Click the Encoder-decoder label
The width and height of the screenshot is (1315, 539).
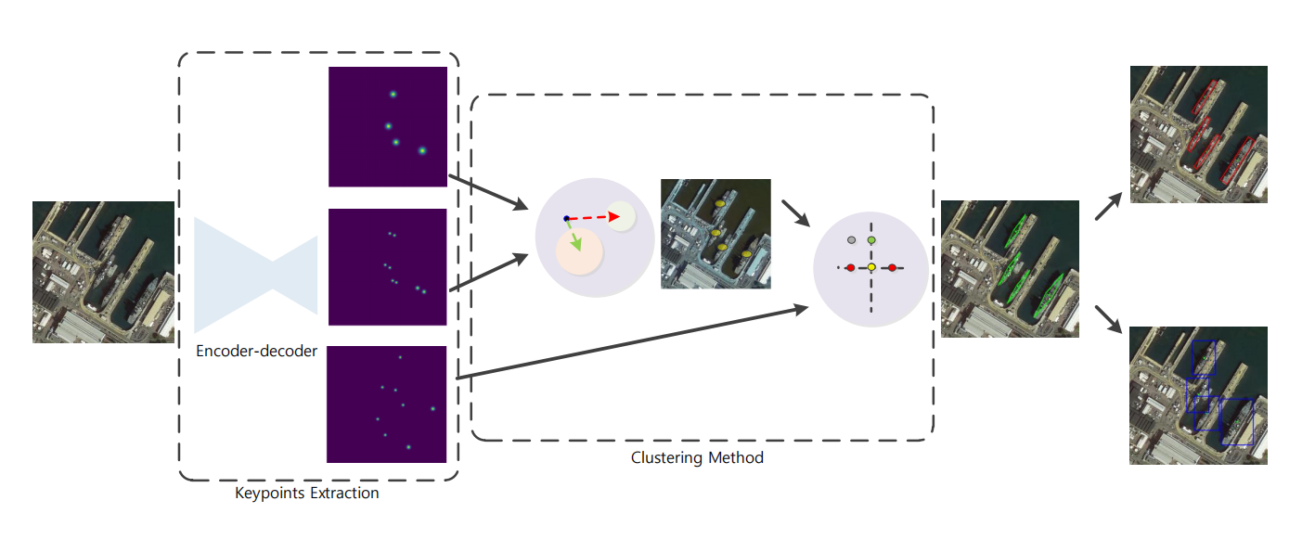tap(256, 351)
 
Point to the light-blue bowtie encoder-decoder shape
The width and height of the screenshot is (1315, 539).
tap(256, 276)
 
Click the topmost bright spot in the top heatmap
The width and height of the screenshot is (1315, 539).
tap(393, 94)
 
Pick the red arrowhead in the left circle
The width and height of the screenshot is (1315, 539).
tap(614, 217)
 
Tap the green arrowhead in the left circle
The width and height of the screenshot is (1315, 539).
tap(577, 244)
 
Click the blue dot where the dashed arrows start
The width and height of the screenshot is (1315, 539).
tap(566, 219)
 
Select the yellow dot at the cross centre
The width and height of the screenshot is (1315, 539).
tap(871, 268)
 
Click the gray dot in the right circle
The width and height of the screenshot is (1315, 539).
tap(852, 240)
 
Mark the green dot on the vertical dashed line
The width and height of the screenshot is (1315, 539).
tap(871, 240)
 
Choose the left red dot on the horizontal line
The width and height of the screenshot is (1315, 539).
tap(851, 268)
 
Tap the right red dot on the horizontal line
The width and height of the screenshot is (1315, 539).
tap(893, 268)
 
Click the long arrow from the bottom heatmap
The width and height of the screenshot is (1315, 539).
tap(632, 341)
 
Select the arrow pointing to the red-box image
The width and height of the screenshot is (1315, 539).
tap(1108, 207)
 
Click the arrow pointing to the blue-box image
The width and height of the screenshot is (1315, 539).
tap(1108, 319)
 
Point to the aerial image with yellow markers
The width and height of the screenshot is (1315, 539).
tap(716, 234)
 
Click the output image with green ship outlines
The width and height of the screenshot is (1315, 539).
tap(1010, 269)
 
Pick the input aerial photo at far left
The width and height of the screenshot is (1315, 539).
tap(103, 273)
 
